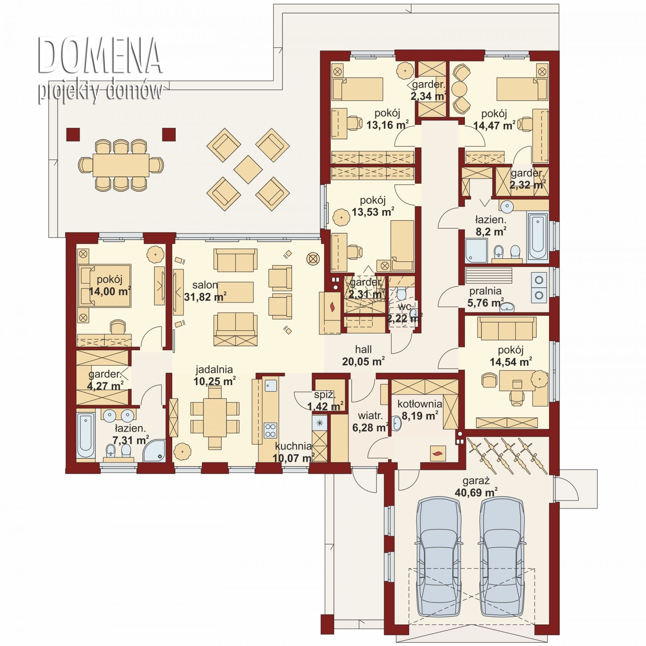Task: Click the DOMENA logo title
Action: (99, 55)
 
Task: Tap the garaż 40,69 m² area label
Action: (476, 487)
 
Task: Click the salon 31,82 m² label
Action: (205, 291)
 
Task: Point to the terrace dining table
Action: (121, 165)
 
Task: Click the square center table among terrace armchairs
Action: (248, 169)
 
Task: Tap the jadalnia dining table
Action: (215, 417)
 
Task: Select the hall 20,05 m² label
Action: (363, 355)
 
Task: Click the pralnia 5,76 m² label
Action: (485, 297)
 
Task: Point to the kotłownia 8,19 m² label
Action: (420, 410)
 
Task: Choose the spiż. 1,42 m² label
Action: (325, 400)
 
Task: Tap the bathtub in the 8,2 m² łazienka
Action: (538, 236)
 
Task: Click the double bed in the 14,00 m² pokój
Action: (105, 285)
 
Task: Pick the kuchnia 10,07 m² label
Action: (293, 452)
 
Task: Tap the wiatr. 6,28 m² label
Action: (370, 422)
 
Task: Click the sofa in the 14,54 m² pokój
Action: (507, 329)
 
